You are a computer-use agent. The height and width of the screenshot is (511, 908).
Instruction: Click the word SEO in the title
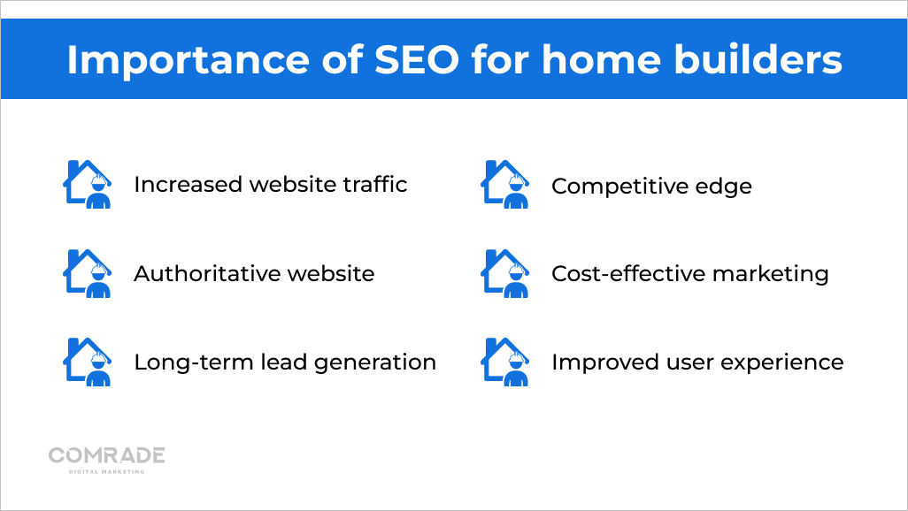pyautogui.click(x=417, y=59)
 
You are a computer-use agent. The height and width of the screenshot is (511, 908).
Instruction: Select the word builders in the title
pyautogui.click(x=758, y=59)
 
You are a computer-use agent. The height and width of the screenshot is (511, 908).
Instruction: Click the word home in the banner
pyautogui.click(x=601, y=59)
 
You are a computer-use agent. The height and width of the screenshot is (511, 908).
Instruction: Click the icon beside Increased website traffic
pyautogui.click(x=88, y=184)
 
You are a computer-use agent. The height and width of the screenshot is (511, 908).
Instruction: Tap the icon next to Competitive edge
pyautogui.click(x=505, y=184)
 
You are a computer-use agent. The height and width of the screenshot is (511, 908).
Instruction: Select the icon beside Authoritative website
pyautogui.click(x=88, y=273)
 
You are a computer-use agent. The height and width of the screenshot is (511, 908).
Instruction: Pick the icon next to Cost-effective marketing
pyautogui.click(x=505, y=273)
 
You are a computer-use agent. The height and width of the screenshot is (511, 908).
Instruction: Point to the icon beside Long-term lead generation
pyautogui.click(x=88, y=362)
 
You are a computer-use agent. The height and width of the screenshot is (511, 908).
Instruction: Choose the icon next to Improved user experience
pyautogui.click(x=505, y=362)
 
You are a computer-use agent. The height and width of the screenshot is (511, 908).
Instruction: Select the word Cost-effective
pyautogui.click(x=627, y=274)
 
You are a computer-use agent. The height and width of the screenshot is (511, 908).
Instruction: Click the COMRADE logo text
pyautogui.click(x=106, y=455)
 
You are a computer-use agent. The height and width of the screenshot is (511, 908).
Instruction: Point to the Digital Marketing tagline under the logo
pyautogui.click(x=106, y=471)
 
